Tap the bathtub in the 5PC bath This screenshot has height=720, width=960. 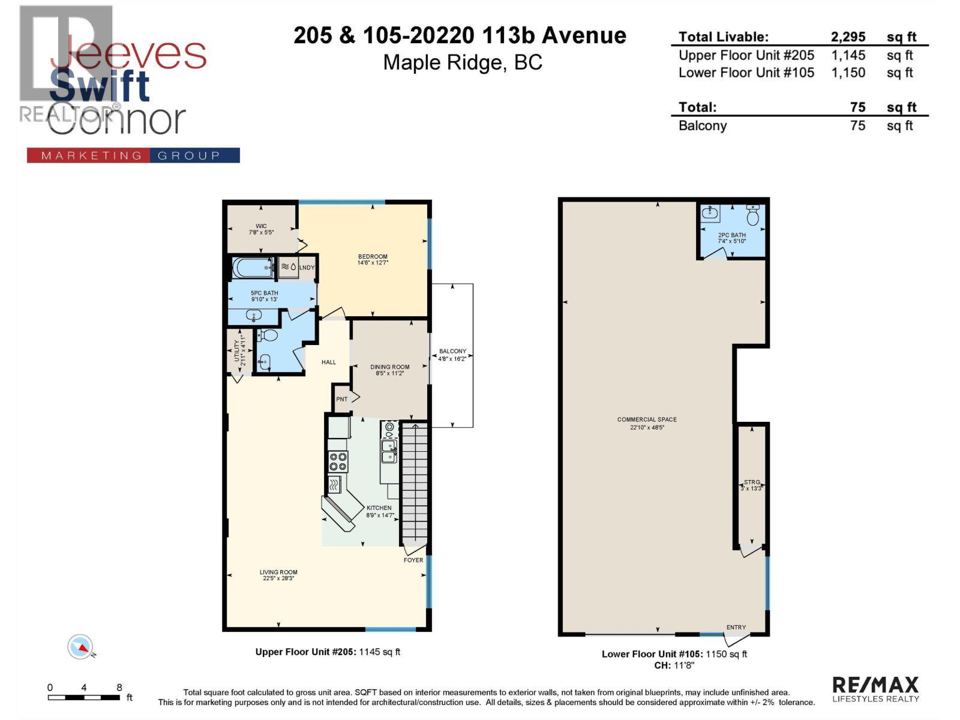[x=253, y=268]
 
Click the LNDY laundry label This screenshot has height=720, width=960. [x=307, y=268]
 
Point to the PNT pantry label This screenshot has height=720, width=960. [x=342, y=399]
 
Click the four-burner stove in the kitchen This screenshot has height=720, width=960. [x=337, y=461]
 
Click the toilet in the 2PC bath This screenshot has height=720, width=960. [x=753, y=214]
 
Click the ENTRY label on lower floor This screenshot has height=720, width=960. [x=736, y=628]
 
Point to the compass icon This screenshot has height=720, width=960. [x=80, y=647]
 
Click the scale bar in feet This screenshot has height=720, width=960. [x=84, y=697]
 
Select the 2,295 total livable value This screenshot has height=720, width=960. [x=848, y=37]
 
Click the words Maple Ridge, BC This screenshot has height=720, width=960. [x=463, y=62]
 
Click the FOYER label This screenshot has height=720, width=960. [x=413, y=560]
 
